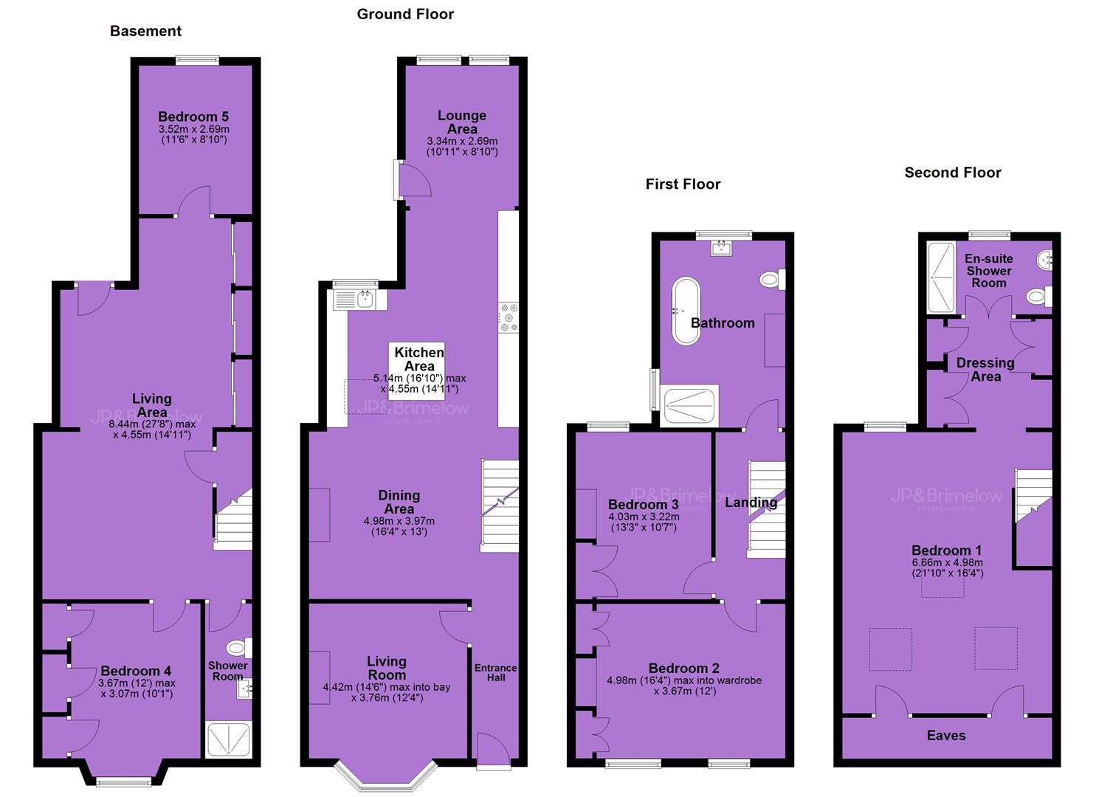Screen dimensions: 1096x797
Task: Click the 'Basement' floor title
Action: tap(146, 31)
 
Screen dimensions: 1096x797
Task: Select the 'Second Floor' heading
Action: tap(953, 172)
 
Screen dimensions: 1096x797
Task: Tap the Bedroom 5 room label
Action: tap(193, 117)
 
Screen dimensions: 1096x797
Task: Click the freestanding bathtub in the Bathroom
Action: tap(686, 311)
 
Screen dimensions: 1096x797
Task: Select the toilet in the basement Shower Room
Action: tap(239, 648)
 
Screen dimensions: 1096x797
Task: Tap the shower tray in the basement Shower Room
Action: tap(229, 739)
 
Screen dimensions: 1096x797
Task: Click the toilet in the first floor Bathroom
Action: tap(773, 280)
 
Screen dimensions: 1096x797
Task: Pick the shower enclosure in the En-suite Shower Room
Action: tap(941, 277)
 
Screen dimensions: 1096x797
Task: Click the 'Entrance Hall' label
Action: tap(496, 673)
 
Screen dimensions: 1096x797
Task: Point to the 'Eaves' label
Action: tap(946, 735)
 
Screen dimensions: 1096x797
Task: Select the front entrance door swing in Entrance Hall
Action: tap(493, 748)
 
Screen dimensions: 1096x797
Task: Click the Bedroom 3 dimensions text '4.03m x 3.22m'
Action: tap(644, 517)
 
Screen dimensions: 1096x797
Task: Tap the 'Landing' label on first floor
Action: tap(751, 503)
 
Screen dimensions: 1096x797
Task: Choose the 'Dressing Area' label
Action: tap(985, 370)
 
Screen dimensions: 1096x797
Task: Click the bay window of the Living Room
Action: tap(386, 777)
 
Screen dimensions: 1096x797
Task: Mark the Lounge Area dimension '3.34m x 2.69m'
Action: tap(462, 142)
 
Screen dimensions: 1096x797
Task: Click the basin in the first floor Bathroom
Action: tap(722, 248)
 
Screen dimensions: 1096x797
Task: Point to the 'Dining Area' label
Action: tap(399, 502)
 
